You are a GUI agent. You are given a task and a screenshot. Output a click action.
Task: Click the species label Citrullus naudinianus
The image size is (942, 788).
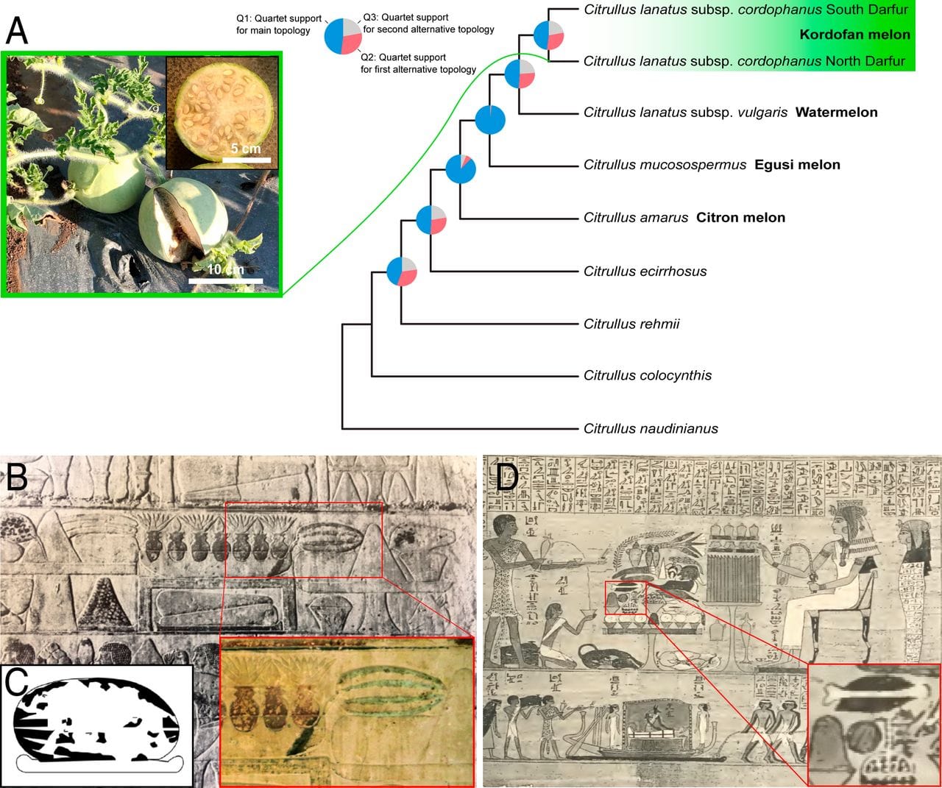coord(651,428)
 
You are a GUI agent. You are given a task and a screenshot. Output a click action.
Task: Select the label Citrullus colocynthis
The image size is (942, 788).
coord(648,375)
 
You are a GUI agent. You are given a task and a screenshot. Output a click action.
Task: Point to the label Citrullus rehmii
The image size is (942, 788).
coord(631,324)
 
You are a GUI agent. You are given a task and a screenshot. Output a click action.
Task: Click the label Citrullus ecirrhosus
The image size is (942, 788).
coord(645,271)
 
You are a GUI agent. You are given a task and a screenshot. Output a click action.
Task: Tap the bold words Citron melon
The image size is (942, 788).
coord(740,217)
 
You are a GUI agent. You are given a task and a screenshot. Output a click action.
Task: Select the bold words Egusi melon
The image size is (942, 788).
coord(797,165)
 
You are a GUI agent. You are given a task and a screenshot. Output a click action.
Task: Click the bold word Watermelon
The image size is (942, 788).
coord(836,113)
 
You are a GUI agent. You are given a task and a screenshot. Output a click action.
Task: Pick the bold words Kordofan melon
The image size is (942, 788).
coord(854,35)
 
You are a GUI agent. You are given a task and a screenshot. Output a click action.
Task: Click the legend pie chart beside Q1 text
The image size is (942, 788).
coord(343,35)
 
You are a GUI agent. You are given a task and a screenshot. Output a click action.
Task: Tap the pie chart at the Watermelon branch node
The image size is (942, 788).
coord(520,74)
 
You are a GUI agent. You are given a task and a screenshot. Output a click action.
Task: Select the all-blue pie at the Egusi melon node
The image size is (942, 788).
coord(490,120)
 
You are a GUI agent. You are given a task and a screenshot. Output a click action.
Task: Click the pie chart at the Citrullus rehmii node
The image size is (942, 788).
coord(402,271)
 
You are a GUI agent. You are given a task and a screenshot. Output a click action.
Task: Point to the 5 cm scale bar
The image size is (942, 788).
coord(247,160)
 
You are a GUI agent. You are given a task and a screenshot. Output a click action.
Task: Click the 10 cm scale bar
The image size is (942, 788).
coord(225,280)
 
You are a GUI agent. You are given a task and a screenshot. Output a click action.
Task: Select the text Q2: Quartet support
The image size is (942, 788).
coord(403,57)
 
